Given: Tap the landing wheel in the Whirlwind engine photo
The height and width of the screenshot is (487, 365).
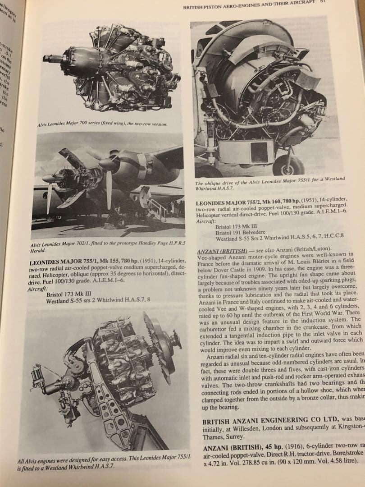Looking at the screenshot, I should tap(287, 165).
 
